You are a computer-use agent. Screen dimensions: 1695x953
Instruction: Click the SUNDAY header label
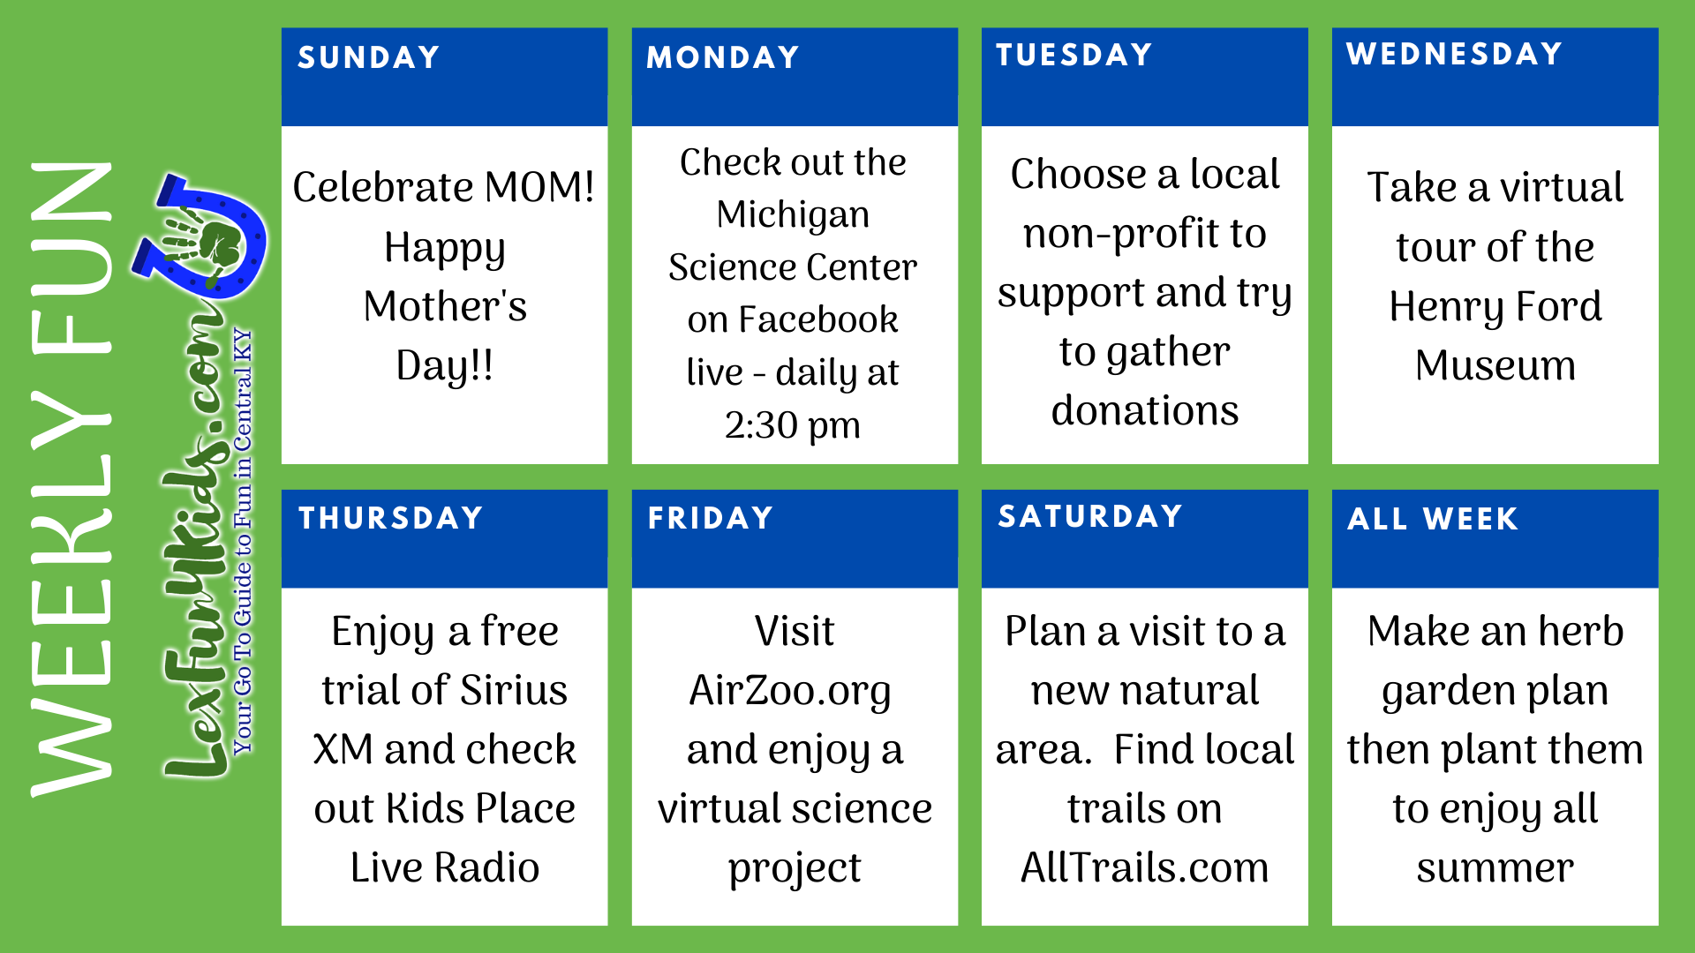click(369, 57)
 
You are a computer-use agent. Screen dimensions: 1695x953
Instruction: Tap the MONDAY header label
click(723, 57)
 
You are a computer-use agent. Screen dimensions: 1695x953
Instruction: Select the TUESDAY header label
click(1074, 55)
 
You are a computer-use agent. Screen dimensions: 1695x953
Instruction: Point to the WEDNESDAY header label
click(1454, 54)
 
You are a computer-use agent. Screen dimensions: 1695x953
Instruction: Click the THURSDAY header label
click(391, 518)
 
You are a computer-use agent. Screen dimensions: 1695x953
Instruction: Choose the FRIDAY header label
click(711, 518)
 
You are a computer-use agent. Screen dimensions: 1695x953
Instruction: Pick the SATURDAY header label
click(1090, 516)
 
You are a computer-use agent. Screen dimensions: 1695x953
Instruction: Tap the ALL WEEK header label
click(1433, 519)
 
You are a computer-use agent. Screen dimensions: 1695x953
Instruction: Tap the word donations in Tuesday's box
click(1145, 410)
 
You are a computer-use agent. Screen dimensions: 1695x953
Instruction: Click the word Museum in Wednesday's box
click(1495, 365)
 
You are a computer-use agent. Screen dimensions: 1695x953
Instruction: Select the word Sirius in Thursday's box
click(513, 690)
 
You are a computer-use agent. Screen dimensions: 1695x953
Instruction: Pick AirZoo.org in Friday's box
click(790, 692)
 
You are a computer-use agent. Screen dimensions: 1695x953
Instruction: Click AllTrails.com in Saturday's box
click(1145, 867)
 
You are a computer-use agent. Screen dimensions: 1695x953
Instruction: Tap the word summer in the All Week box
click(1495, 869)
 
